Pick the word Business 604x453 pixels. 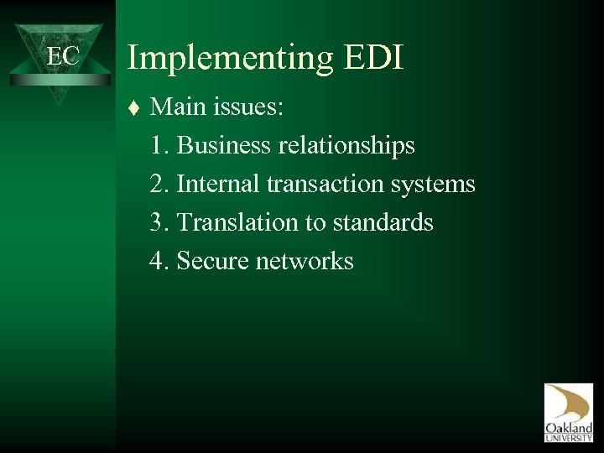224,146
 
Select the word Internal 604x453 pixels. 218,184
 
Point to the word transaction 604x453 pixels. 326,184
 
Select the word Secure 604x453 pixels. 214,260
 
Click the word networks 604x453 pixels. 305,260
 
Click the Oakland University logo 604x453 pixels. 568,413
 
